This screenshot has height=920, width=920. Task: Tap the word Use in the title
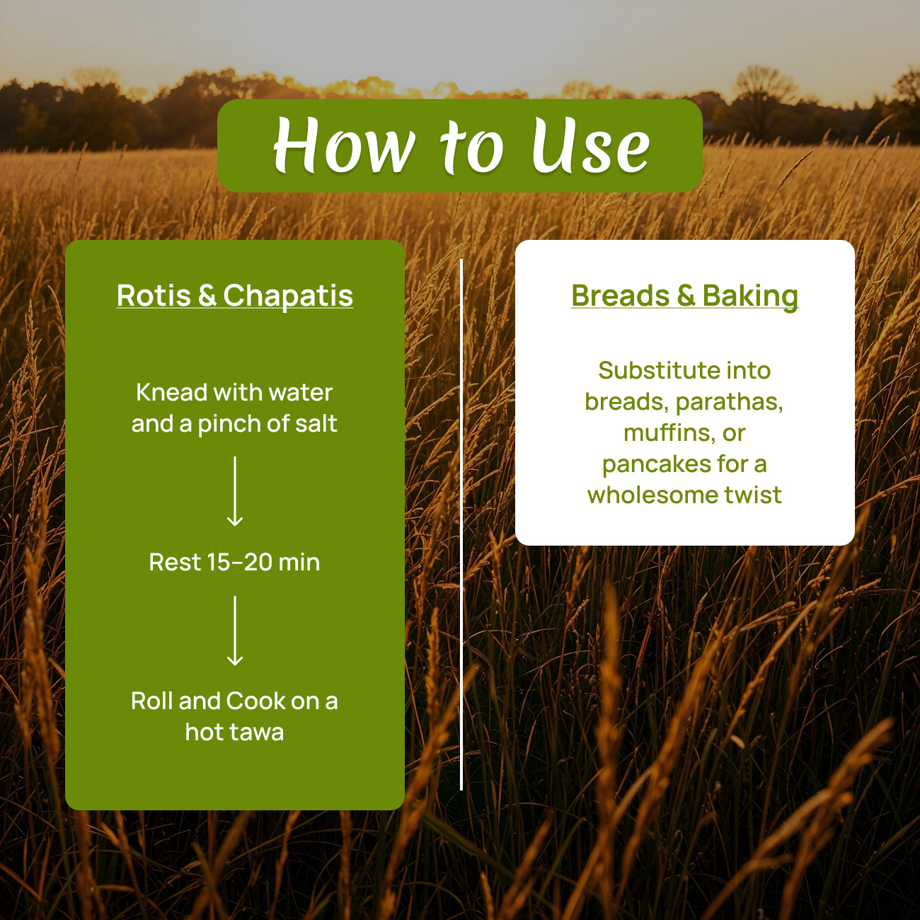591,145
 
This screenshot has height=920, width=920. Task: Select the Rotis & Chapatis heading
235,296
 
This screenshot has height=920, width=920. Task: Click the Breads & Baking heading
684,297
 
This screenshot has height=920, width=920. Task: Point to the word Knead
172,393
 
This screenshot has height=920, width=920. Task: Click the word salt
316,423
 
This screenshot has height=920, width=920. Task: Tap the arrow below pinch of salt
235,491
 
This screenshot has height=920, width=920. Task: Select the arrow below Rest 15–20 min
235,631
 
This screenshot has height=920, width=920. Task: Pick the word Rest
175,562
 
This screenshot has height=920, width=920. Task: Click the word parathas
730,402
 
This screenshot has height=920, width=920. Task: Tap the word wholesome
653,495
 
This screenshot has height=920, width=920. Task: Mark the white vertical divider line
461,524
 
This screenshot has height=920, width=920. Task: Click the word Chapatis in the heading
288,297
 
